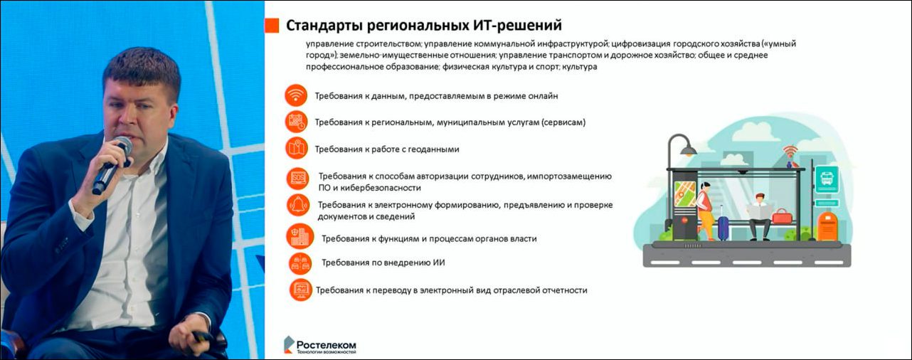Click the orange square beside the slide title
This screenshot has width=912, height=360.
tap(272, 26)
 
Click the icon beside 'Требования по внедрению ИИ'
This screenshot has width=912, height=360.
tap(299, 263)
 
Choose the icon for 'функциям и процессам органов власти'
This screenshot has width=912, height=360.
tap(299, 237)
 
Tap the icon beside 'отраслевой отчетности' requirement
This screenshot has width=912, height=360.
tap(300, 290)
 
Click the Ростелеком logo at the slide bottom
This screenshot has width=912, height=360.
tap(320, 345)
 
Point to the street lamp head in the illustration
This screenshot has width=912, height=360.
tap(687, 149)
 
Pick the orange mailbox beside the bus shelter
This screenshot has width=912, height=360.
tap(827, 226)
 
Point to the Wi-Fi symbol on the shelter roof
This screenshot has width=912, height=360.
tap(790, 152)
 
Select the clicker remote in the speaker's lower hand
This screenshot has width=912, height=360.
tap(203, 334)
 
